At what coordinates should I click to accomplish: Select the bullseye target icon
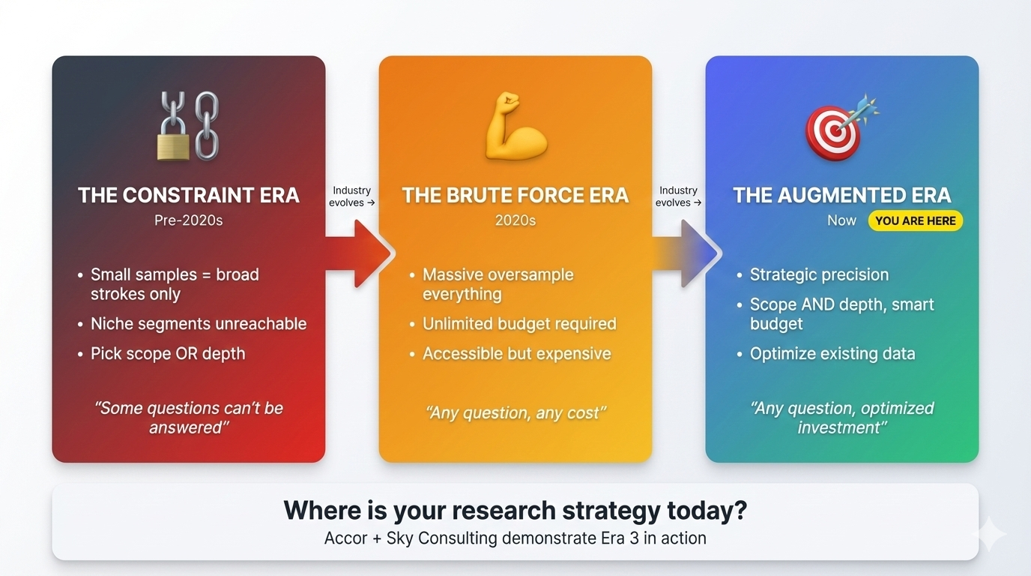(833, 131)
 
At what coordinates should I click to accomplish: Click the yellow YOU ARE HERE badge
(915, 220)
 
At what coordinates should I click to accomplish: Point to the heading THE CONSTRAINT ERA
(188, 196)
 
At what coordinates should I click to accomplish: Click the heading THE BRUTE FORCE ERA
(515, 196)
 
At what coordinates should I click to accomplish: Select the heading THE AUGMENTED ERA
(841, 196)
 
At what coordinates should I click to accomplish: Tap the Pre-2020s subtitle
(188, 220)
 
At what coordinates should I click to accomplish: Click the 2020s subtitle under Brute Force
(515, 220)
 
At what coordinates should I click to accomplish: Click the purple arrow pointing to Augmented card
(686, 253)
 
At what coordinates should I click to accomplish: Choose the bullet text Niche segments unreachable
(199, 324)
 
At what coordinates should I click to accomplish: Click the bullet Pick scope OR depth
(168, 354)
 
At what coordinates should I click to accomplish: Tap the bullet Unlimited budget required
(519, 324)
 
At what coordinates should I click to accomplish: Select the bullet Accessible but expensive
(516, 354)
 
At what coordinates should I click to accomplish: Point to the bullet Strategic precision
(819, 274)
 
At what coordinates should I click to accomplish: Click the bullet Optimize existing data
(832, 354)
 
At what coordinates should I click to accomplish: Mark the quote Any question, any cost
(515, 412)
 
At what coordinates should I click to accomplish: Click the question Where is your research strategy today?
(515, 511)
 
